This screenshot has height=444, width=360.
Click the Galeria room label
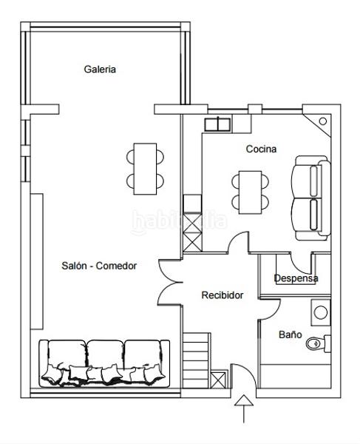point(100,69)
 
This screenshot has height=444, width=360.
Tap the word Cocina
point(261,149)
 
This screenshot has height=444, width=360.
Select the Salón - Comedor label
point(100,266)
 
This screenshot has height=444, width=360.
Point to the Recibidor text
point(223,295)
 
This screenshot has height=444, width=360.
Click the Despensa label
point(296,278)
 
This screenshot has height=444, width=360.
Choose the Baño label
point(290,334)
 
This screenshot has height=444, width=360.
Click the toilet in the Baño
point(316,343)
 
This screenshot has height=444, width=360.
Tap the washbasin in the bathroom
point(321,312)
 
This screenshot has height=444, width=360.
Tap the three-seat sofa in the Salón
point(104,363)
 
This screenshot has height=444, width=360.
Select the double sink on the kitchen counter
point(219,124)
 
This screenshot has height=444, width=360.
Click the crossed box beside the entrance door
point(218,380)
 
